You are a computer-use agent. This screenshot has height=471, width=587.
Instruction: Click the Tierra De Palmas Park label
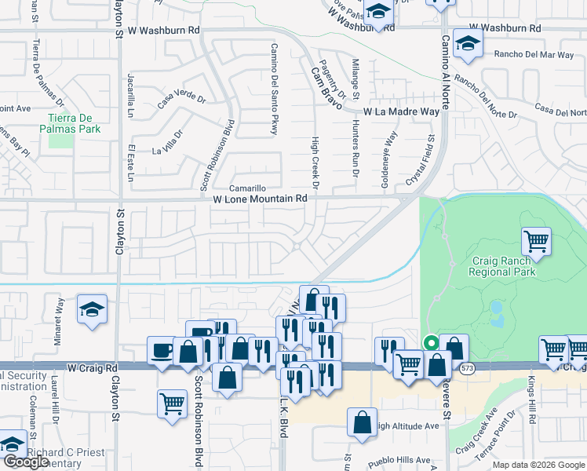pyautogui.click(x=71, y=123)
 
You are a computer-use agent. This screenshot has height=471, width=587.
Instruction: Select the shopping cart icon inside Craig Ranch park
pyautogui.click(x=537, y=241)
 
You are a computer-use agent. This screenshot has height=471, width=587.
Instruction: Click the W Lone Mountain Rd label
pyautogui.click(x=260, y=199)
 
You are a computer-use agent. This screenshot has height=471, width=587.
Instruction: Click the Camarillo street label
pyautogui.click(x=248, y=189)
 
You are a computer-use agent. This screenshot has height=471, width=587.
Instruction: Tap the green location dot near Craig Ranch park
pyautogui.click(x=430, y=342)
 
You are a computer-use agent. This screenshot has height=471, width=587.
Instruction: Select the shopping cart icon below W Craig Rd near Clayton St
pyautogui.click(x=172, y=403)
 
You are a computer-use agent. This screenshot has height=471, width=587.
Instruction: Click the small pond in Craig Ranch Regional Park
pyautogui.click(x=497, y=315)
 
